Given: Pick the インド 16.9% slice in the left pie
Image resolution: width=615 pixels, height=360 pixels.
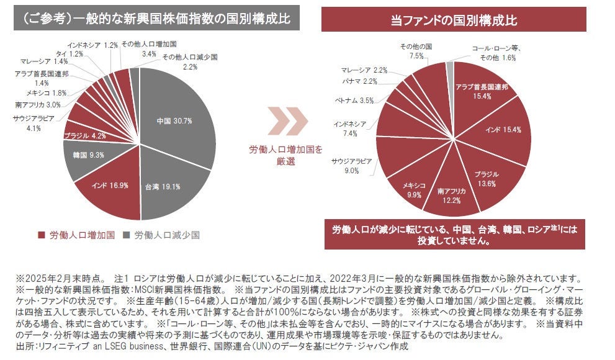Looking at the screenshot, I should coord(109,185).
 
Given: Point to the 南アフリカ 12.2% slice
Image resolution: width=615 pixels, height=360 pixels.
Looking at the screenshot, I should coord(451,195).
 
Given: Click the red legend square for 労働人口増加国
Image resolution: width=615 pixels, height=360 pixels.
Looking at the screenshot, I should coord(41,235).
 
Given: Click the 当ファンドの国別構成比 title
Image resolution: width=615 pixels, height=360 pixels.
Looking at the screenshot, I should coord(454,20).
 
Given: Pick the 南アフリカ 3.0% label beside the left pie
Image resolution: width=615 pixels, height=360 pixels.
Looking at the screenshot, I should coord(37,104).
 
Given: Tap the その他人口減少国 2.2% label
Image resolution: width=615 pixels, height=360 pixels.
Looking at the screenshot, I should coord(189,61).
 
